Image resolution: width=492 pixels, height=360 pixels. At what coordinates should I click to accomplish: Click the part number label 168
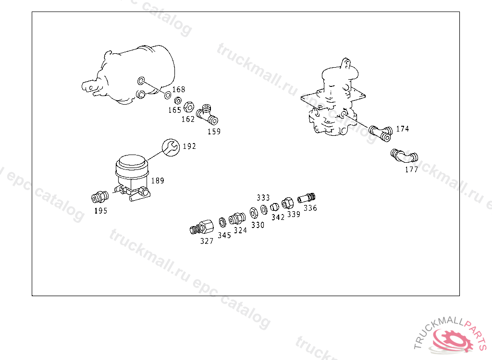(179, 90)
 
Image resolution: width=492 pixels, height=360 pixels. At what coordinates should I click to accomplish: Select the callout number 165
(174, 110)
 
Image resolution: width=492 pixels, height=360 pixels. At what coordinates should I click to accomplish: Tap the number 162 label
(188, 119)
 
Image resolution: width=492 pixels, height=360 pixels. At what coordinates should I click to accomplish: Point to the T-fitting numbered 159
(207, 113)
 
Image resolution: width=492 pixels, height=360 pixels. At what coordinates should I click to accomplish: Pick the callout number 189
(158, 181)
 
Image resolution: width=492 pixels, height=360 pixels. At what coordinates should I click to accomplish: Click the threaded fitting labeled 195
(98, 197)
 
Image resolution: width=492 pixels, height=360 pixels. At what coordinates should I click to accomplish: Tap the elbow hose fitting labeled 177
(404, 156)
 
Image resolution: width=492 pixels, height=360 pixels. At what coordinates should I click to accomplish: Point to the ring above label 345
(222, 222)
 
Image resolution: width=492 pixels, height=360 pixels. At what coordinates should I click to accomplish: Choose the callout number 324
(240, 230)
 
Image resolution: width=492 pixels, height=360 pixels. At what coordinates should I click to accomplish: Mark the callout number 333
(263, 198)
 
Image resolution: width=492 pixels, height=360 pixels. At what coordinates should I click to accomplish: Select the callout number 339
(294, 215)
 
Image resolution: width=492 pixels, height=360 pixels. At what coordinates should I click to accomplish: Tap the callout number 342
(278, 216)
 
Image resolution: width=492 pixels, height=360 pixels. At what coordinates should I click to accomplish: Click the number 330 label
(258, 225)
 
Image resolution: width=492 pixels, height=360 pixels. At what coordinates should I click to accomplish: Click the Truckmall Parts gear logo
(451, 340)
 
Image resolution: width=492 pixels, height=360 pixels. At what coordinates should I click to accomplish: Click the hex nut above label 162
(189, 105)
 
